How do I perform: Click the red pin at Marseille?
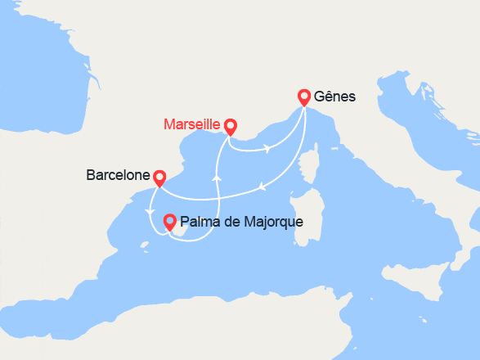tap(231, 127)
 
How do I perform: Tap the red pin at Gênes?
tap(304, 97)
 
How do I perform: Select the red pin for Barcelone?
tap(159, 177)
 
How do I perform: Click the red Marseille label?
tap(191, 125)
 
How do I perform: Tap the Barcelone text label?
tap(118, 175)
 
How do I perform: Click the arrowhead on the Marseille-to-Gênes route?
tap(267, 149)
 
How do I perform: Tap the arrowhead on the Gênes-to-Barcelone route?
tap(262, 187)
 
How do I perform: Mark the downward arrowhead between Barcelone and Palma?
tap(149, 214)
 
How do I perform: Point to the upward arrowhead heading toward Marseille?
tap(217, 177)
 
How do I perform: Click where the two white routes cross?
tap(218, 196)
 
